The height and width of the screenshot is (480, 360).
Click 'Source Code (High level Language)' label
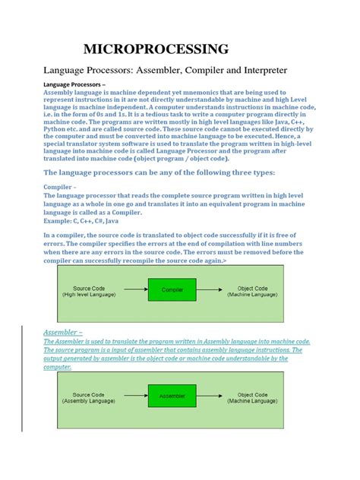tap(94, 291)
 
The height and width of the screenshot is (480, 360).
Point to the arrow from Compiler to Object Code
tap(210, 290)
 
